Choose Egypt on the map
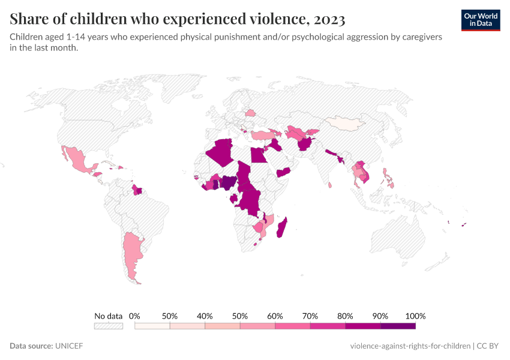[258, 155]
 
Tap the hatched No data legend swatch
[109, 326]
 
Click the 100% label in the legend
[415, 316]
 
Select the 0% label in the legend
[134, 316]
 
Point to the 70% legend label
[310, 316]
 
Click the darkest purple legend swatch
[398, 326]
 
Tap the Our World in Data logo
[481, 20]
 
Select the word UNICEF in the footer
[69, 346]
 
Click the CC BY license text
[488, 346]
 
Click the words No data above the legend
[109, 316]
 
